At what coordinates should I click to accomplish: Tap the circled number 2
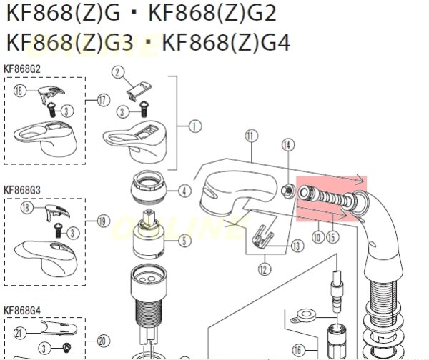click(117, 71)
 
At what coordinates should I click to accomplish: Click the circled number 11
click(250, 135)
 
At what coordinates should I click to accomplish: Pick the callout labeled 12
click(265, 269)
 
